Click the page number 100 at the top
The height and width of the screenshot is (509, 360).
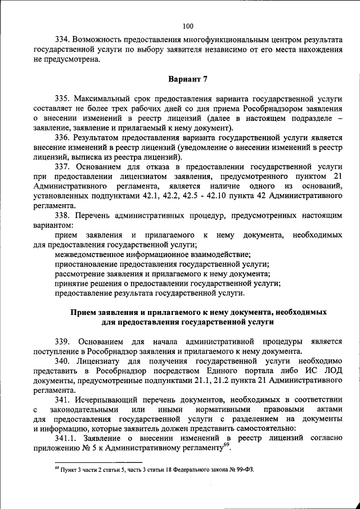(x=188, y=25)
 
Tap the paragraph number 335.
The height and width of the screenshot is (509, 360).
(x=62, y=97)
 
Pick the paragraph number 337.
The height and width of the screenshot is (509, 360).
(x=62, y=167)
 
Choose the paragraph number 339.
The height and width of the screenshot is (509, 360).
(x=62, y=341)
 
